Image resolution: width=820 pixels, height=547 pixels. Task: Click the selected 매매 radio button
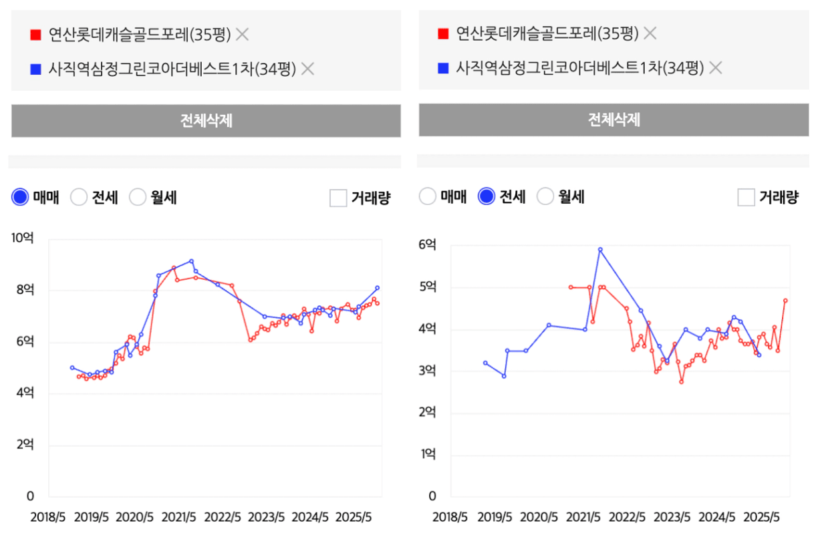pyautogui.click(x=21, y=197)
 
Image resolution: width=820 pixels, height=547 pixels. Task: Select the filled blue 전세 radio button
pyautogui.click(x=487, y=196)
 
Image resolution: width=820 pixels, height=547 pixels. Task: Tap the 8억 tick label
pyautogui.click(x=25, y=290)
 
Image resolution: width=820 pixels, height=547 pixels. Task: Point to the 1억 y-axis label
pyautogui.click(x=428, y=455)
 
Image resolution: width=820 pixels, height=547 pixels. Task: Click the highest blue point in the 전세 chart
pyautogui.click(x=600, y=250)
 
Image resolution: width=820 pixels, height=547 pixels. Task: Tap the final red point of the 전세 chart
pyautogui.click(x=785, y=301)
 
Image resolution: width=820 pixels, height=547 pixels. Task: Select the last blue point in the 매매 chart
pyautogui.click(x=377, y=288)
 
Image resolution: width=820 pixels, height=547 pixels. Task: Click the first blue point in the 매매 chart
pyautogui.click(x=72, y=367)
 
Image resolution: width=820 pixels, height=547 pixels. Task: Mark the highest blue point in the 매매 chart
pyautogui.click(x=191, y=261)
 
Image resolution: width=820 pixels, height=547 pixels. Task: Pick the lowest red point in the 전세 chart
pyautogui.click(x=681, y=381)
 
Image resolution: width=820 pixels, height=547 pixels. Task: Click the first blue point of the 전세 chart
pyautogui.click(x=485, y=363)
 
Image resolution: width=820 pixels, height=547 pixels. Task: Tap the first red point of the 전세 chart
pyautogui.click(x=570, y=287)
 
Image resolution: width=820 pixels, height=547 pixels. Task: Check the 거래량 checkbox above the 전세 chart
pyautogui.click(x=746, y=197)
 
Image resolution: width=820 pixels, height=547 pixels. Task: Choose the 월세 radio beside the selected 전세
pyautogui.click(x=545, y=196)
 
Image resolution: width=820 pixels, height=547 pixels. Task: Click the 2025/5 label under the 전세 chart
pyautogui.click(x=763, y=518)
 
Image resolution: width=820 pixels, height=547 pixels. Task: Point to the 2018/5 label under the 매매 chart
pyautogui.click(x=47, y=518)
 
